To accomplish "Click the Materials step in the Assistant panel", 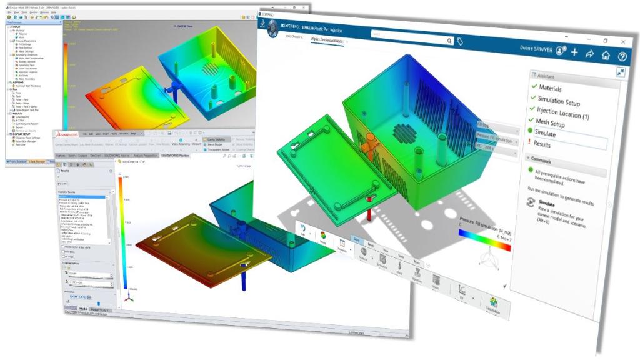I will point(550,88).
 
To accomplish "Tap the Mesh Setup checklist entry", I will point(550,122).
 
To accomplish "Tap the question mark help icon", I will point(622,56).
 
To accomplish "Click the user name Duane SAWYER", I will point(535,49).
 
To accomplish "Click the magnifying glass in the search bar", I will point(449,41).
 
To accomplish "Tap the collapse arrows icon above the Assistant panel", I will point(621,72).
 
